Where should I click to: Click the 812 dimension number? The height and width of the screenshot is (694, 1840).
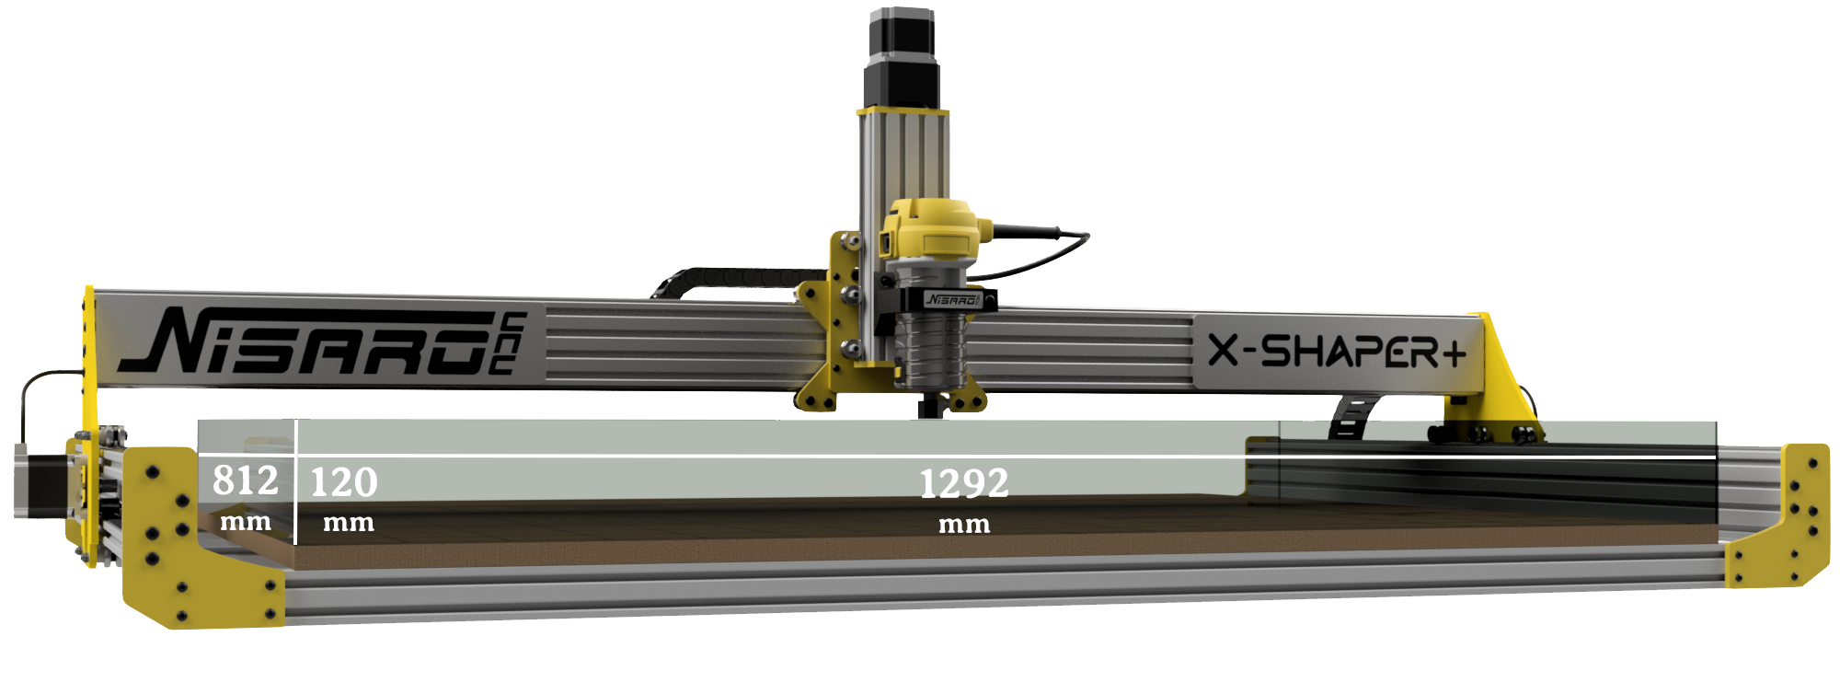245,480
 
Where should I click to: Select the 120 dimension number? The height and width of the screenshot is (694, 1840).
344,482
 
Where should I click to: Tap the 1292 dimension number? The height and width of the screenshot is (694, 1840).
964,483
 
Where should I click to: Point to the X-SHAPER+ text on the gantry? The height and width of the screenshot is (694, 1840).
1337,351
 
